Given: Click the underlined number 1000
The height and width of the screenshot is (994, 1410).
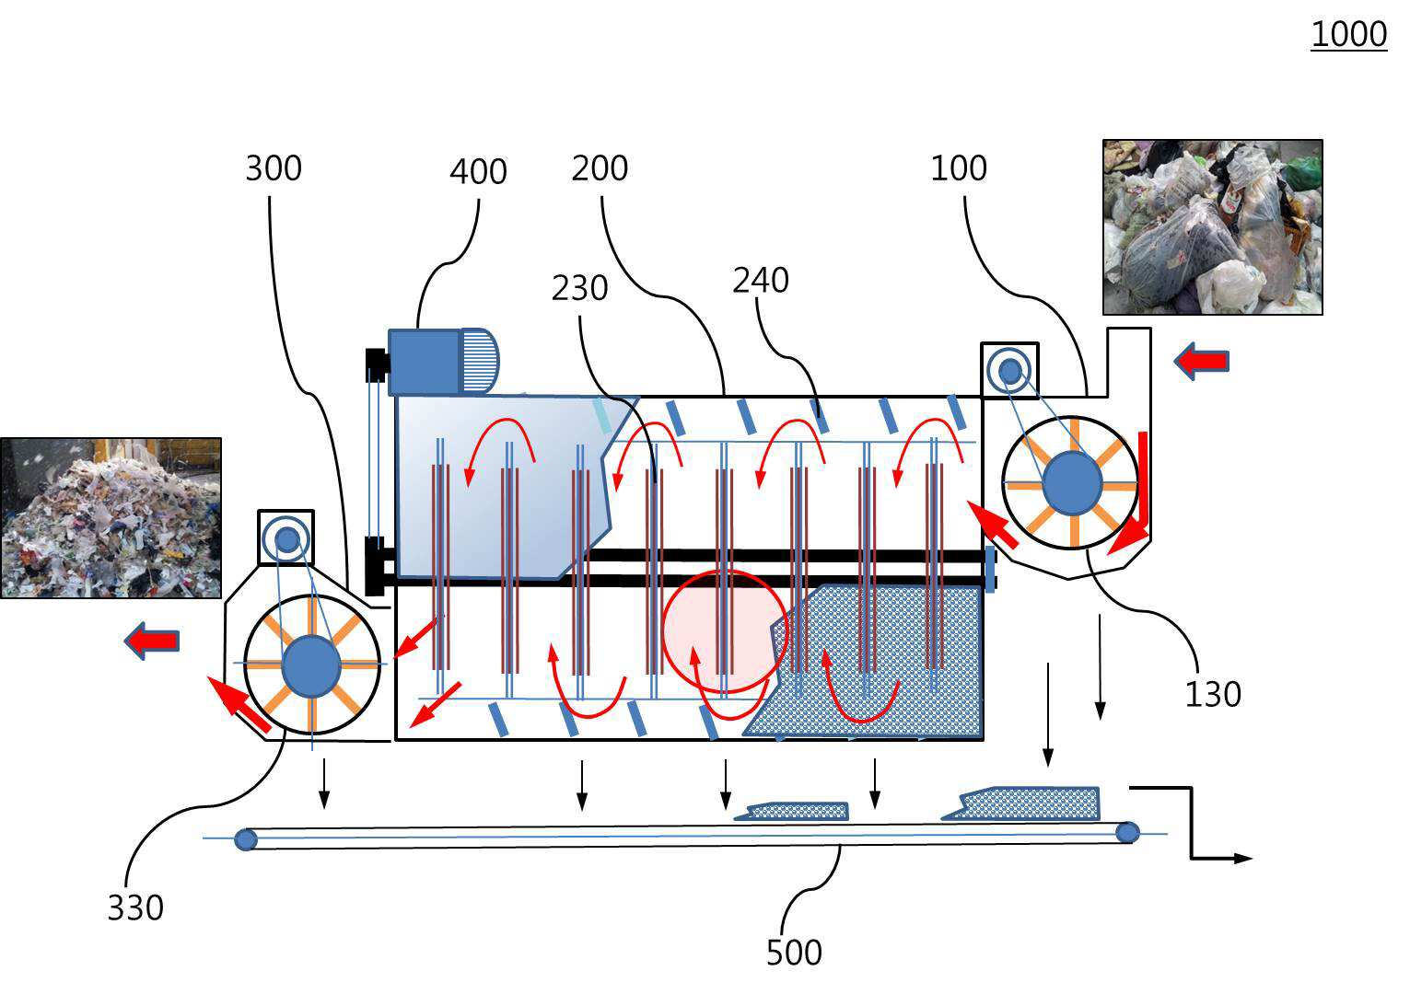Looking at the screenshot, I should (x=1348, y=35).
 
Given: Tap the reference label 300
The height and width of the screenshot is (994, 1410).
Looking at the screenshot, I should (x=274, y=168).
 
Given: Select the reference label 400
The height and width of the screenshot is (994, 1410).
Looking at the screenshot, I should (x=478, y=172).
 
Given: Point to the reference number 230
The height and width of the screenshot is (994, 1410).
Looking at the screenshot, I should (x=579, y=289).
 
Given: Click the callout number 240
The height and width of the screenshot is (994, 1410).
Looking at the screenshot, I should (x=761, y=280).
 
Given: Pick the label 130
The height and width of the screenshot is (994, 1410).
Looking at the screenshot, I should (x=1212, y=694).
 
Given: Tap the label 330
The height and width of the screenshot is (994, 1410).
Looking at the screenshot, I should (x=135, y=907).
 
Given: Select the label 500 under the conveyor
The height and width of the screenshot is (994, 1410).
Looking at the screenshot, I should (x=794, y=953).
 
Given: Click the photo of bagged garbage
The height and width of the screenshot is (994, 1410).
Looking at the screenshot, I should (x=1212, y=227).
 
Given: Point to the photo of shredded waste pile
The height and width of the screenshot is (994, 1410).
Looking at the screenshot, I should (x=111, y=517).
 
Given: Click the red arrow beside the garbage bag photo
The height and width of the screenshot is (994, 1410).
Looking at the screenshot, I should (x=1202, y=360).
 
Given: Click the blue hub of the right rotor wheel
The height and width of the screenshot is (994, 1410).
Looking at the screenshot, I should (x=1072, y=483).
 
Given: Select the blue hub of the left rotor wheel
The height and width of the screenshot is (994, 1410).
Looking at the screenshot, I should (x=311, y=667).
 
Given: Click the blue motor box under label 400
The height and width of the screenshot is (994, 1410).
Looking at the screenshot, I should (x=425, y=362).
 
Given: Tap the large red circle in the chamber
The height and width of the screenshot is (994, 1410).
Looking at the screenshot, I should (x=725, y=631).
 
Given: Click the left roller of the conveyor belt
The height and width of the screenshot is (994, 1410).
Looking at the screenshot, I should (x=246, y=839).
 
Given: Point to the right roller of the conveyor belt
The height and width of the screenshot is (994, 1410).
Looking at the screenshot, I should (x=1127, y=833).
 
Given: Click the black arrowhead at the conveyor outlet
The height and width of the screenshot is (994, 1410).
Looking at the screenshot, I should (x=1242, y=859).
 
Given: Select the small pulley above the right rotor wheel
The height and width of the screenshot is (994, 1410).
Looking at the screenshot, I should (x=1009, y=370).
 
